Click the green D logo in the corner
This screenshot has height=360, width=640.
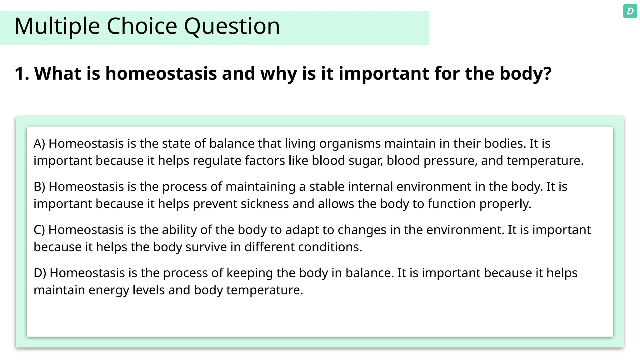[630, 11]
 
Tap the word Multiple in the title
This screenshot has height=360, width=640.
[57, 26]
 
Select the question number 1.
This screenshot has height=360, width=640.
[22, 74]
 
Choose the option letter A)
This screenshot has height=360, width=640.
[39, 143]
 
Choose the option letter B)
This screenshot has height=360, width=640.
[39, 187]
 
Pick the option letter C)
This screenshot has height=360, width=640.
[39, 230]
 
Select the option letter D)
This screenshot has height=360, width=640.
[40, 273]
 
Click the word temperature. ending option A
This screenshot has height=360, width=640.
[545, 161]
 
